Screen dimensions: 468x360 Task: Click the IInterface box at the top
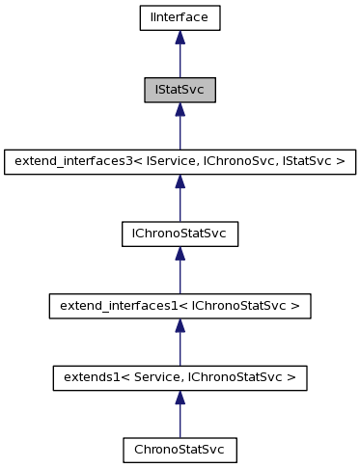(x=180, y=16)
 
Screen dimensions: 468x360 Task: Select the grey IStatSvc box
(x=180, y=89)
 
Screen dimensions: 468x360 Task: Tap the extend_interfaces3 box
(x=180, y=161)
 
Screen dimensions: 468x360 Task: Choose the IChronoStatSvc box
(x=180, y=234)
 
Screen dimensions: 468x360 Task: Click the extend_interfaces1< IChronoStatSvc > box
(x=180, y=306)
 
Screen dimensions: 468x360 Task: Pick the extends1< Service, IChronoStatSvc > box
(x=180, y=378)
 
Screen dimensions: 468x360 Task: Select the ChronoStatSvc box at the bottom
(x=180, y=450)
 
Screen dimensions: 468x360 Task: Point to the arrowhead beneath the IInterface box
(x=180, y=36)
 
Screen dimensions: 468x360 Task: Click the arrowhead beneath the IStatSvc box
(x=180, y=108)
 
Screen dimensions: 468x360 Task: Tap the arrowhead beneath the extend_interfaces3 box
(x=180, y=180)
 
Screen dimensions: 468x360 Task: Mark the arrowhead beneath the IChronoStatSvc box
(x=180, y=253)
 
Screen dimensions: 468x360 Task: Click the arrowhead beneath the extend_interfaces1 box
(x=180, y=325)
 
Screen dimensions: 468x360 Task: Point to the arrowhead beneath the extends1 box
(x=180, y=398)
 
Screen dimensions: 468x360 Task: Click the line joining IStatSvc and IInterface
(x=180, y=60)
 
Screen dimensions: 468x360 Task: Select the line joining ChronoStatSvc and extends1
(x=180, y=422)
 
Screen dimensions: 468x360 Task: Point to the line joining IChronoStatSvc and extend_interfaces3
(x=180, y=205)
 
